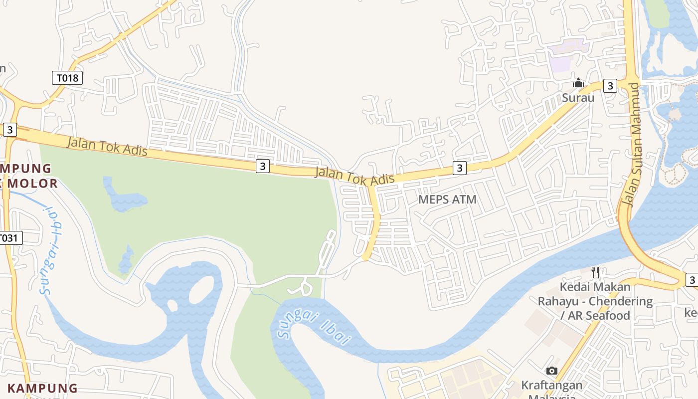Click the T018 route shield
tap(67, 78)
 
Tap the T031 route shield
tap(10, 238)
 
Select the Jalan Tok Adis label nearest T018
tap(107, 146)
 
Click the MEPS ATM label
tap(447, 199)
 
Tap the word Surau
tap(578, 98)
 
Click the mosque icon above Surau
tap(578, 83)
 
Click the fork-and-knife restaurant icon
tap(595, 272)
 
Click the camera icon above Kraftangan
tap(551, 371)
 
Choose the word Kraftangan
tap(551, 385)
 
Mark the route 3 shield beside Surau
tap(610, 86)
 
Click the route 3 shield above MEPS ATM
tap(459, 168)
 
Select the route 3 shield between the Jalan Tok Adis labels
tap(263, 166)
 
